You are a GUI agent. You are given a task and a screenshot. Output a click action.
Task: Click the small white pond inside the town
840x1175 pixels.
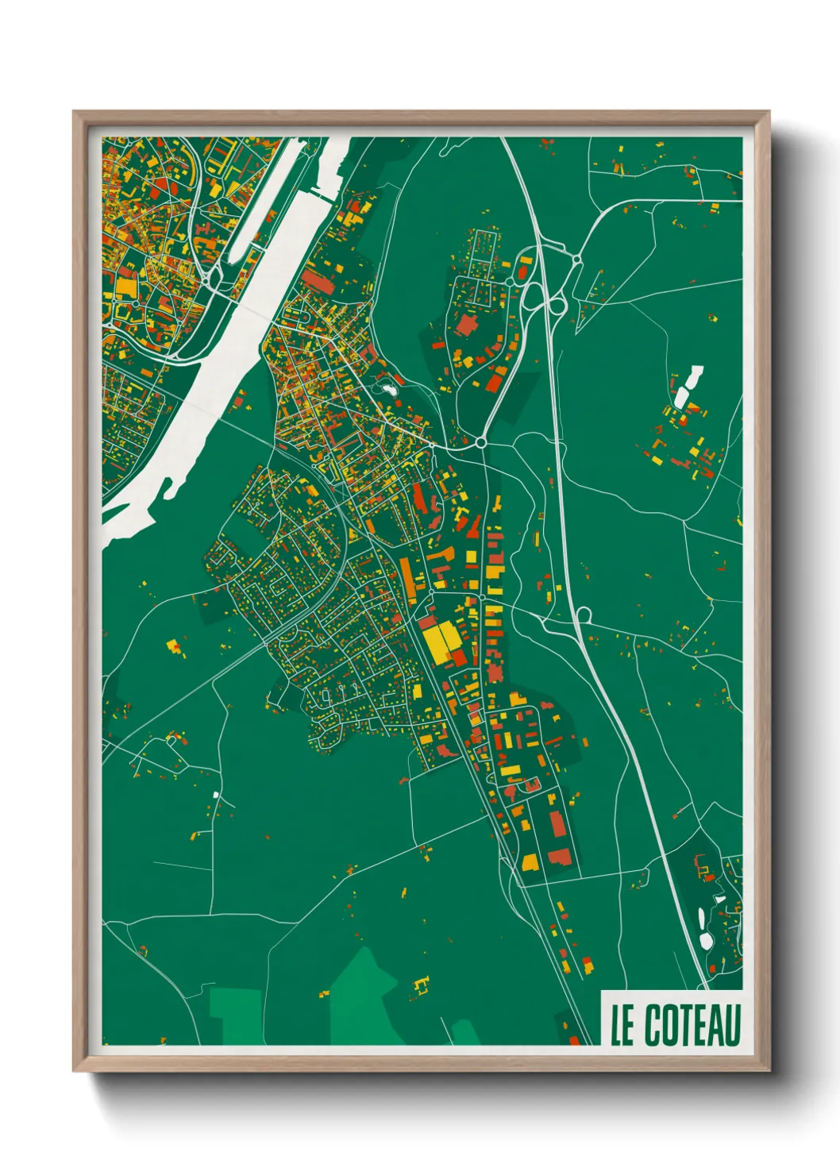(388, 389)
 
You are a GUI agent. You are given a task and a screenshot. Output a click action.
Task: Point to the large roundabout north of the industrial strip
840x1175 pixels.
(481, 442)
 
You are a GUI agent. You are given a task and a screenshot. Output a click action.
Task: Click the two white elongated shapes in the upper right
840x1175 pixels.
(688, 387)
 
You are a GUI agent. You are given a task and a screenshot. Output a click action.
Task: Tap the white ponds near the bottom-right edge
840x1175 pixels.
(706, 929)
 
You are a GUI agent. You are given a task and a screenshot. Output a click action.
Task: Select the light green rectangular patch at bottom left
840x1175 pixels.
(236, 1016)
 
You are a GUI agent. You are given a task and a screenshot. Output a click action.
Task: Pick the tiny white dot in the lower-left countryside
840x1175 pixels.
(215, 794)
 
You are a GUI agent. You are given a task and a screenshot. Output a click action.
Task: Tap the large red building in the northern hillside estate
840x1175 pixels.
(465, 325)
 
